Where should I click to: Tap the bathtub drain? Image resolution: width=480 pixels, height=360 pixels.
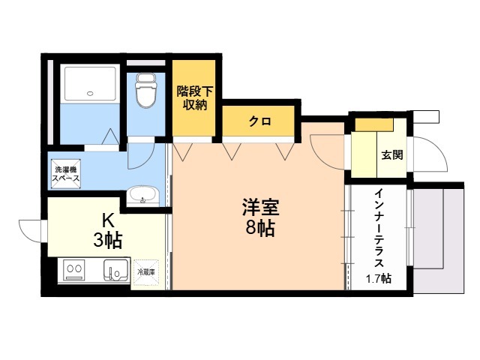[x=91, y=94]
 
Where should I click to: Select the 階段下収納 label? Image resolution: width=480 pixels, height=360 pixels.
[x=195, y=98]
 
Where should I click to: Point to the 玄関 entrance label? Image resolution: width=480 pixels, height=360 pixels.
[x=391, y=156]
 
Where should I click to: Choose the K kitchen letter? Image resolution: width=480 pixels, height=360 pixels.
[x=108, y=220]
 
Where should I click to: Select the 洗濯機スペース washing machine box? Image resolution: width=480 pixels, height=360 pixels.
[x=66, y=175]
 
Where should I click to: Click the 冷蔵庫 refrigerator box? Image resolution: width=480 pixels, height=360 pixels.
[x=146, y=271]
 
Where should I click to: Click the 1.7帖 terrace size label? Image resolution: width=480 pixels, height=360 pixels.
[x=378, y=279]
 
